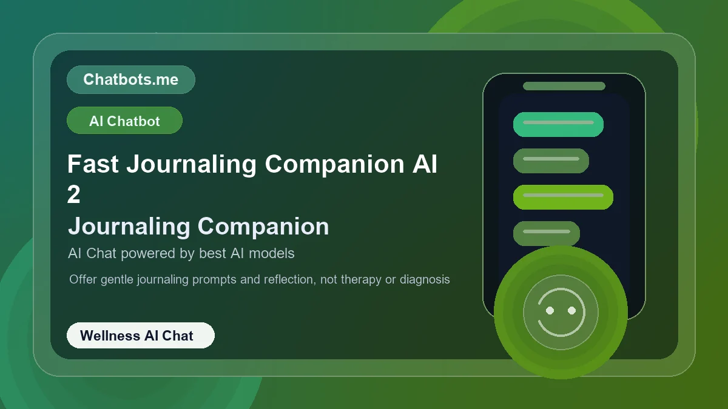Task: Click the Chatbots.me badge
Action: (130, 79)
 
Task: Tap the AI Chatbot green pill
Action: (124, 121)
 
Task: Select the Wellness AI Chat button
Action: (140, 335)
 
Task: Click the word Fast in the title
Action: (93, 164)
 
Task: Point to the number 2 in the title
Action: (73, 195)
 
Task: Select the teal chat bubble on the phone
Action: (558, 124)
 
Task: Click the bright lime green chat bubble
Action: (563, 197)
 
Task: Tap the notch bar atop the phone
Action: (564, 86)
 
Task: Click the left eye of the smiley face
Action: (550, 310)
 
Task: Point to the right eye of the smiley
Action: (571, 310)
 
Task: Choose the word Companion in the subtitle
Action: (263, 226)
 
